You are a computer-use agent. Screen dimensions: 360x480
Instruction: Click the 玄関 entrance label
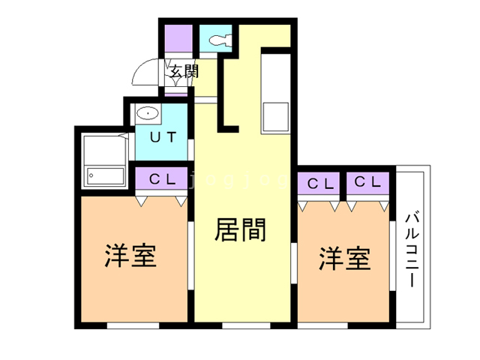pos(182,72)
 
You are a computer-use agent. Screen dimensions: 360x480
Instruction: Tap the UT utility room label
pos(162,137)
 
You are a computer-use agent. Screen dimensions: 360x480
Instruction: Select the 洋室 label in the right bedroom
pos(344,259)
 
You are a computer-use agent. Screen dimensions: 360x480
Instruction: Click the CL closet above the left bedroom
pos(162,180)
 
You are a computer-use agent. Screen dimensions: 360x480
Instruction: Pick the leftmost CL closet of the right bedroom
pos(320,183)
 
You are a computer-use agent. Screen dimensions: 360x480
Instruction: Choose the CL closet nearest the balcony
pos(368,183)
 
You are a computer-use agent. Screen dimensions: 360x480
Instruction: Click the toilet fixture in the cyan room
pos(218,39)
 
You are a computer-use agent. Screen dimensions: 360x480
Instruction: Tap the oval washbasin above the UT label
pos(148,115)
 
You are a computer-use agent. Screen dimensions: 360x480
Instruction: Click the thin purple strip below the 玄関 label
pos(175,93)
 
